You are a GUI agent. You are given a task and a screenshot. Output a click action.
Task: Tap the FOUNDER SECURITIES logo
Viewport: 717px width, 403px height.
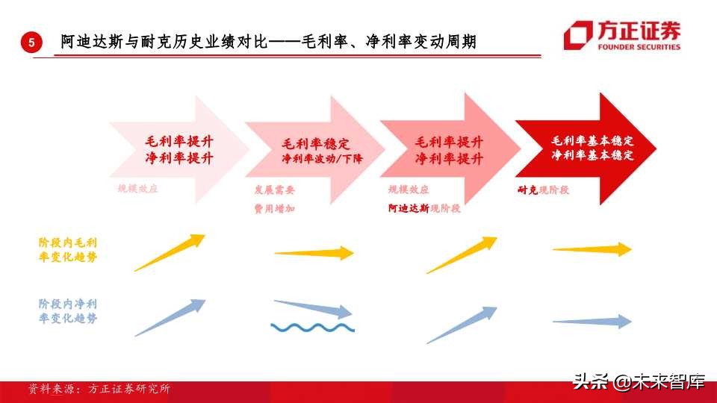[622, 35]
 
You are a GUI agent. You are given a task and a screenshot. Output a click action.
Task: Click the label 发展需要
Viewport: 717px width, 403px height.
[274, 190]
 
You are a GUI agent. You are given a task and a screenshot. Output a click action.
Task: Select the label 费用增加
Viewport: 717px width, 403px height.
[274, 209]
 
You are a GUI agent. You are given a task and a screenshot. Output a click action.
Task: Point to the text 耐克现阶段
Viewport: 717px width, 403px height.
[543, 190]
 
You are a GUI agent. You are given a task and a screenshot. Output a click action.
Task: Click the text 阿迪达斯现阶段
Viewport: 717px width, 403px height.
[424, 209]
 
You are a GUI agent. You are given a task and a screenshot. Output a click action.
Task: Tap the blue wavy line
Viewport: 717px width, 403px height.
[312, 327]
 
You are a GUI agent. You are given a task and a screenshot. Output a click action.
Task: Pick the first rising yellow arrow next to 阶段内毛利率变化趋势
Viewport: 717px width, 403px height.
[170, 252]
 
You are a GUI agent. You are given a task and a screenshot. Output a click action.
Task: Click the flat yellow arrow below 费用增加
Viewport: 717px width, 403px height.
[314, 253]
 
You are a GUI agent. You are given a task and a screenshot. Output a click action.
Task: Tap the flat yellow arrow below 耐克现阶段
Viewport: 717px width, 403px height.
[592, 249]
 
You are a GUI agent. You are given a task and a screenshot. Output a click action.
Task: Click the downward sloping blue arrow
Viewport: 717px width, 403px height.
[313, 308]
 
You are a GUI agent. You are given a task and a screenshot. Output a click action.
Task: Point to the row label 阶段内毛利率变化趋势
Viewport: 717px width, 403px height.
[67, 249]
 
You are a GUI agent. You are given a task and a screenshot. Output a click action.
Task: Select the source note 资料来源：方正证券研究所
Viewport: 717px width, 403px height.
[99, 389]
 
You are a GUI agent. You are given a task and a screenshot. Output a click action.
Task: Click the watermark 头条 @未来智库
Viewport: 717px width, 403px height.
[639, 383]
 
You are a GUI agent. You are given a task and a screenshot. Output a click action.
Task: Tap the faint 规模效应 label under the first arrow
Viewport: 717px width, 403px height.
[137, 190]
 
